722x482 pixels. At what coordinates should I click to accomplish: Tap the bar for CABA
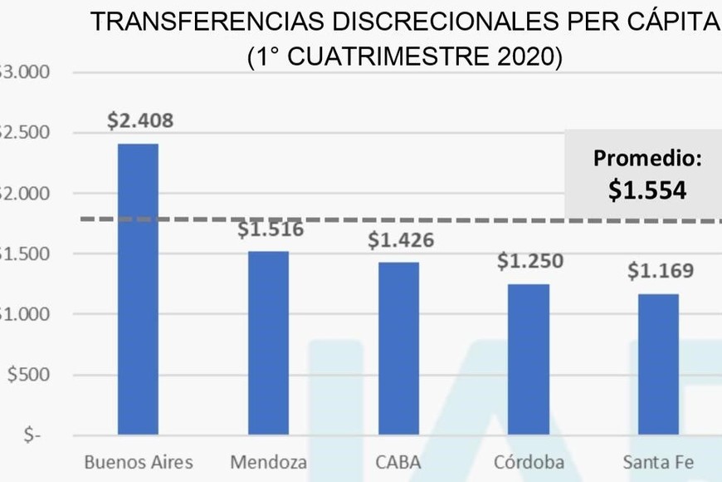coord(399,348)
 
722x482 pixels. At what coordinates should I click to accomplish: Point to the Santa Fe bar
coord(659,364)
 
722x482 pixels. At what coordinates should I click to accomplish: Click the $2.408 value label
coord(140,120)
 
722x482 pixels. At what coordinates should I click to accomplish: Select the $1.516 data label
coord(271,229)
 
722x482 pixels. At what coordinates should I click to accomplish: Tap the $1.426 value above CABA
coord(401,241)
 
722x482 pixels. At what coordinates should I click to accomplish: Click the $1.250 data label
coord(530,261)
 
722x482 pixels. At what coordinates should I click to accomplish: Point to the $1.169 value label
coord(661,271)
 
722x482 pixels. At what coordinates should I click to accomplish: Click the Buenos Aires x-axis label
coord(139,462)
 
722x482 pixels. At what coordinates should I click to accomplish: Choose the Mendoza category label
coord(269,462)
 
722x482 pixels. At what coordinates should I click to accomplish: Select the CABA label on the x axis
coord(399,462)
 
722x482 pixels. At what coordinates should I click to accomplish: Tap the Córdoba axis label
coord(529,462)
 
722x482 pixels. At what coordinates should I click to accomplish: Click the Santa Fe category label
coord(659,462)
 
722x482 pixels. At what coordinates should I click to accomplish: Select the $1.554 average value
coord(647,190)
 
